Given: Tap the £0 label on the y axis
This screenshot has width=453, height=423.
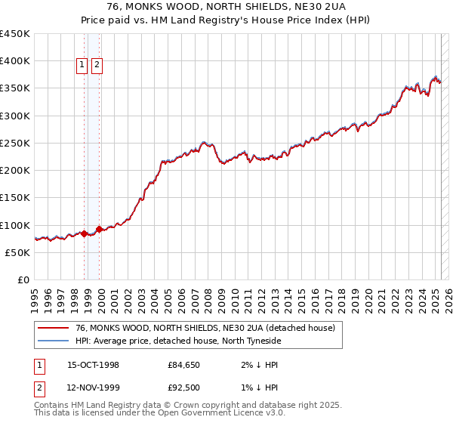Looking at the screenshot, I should pyautogui.click(x=23, y=280).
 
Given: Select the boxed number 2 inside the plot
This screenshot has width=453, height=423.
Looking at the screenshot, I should pyautogui.click(x=97, y=66).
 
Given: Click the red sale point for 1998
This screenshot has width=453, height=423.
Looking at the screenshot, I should pyautogui.click(x=85, y=233).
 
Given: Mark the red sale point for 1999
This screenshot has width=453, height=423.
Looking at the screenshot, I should pyautogui.click(x=99, y=229).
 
